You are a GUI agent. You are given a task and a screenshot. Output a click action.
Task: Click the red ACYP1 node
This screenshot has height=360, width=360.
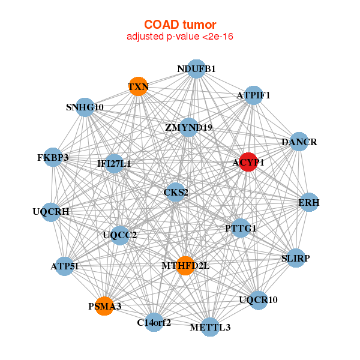tap(248, 162)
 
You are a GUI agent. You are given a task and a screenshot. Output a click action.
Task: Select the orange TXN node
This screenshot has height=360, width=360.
tap(138, 86)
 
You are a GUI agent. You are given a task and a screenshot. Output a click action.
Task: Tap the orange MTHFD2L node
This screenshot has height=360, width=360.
tap(185, 266)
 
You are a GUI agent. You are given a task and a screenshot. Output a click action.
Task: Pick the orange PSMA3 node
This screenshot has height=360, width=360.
tap(104, 306)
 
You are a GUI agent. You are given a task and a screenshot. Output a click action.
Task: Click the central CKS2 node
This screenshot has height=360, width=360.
tap(175, 192)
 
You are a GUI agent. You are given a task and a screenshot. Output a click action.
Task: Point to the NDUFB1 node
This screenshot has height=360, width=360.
tap(196, 69)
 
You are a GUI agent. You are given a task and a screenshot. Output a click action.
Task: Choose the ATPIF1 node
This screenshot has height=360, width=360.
tap(253, 95)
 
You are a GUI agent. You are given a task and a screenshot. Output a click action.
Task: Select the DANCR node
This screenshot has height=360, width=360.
tap(299, 142)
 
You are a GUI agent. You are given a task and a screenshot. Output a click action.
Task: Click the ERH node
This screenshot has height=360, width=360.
tap(309, 202)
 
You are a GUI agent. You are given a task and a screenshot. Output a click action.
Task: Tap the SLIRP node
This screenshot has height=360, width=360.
tap(296, 258)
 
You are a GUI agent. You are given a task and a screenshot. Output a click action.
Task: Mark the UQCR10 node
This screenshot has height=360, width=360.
tap(259, 300)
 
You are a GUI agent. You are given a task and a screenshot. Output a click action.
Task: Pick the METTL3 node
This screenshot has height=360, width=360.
tap(210, 327)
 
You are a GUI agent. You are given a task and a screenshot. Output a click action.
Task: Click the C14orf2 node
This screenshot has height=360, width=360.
tap(154, 322)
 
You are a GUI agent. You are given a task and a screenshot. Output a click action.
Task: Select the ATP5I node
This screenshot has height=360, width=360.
tap(65, 266)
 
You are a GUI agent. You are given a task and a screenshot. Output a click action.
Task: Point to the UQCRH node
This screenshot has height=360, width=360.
tap(51, 212)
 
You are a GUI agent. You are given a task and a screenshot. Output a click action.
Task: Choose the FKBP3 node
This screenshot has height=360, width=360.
tap(53, 157)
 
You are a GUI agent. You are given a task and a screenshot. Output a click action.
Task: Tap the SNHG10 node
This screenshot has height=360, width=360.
tap(85, 107)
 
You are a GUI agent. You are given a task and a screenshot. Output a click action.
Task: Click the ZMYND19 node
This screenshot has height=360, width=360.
tap(189, 127)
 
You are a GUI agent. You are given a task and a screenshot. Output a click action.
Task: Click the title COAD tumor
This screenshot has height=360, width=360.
tap(180, 25)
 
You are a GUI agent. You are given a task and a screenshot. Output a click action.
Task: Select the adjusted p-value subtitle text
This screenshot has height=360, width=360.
tap(180, 37)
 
